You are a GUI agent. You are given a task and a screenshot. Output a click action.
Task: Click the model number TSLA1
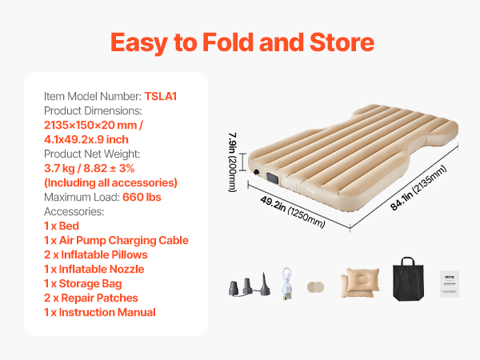coord(161,96)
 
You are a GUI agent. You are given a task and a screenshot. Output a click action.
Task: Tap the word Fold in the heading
coord(228,42)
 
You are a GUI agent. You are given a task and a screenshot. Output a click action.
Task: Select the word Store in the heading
coord(342,42)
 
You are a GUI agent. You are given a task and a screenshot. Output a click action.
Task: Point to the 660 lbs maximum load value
coord(142,197)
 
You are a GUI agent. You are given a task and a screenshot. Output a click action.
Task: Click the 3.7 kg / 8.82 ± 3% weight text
coord(89,168)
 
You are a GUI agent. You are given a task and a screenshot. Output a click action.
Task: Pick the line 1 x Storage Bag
coord(82,283)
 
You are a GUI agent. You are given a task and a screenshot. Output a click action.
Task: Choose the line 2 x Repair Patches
coord(91,298)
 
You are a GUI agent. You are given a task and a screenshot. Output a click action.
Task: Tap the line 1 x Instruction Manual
coord(100,312)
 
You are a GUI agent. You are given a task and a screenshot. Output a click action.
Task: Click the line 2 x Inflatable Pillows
coord(95,254)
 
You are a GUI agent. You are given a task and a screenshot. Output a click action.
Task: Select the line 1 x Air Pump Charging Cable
coord(116,240)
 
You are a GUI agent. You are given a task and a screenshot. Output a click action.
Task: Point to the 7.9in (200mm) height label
coord(233,162)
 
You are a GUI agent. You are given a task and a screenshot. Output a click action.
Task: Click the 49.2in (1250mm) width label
coord(292,212)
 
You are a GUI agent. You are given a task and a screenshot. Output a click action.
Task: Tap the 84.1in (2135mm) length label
coord(418,188)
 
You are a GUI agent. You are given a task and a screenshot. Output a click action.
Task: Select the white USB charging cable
coord(287,283)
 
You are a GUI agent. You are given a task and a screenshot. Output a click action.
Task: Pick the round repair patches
coord(316,287)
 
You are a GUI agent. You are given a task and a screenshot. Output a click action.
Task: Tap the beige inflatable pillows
coord(360,282)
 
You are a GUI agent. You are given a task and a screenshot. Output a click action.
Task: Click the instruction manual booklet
coord(450,284)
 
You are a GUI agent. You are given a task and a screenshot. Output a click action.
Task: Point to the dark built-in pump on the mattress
coord(273,178)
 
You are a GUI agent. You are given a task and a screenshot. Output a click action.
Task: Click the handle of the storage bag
coord(408,261)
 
